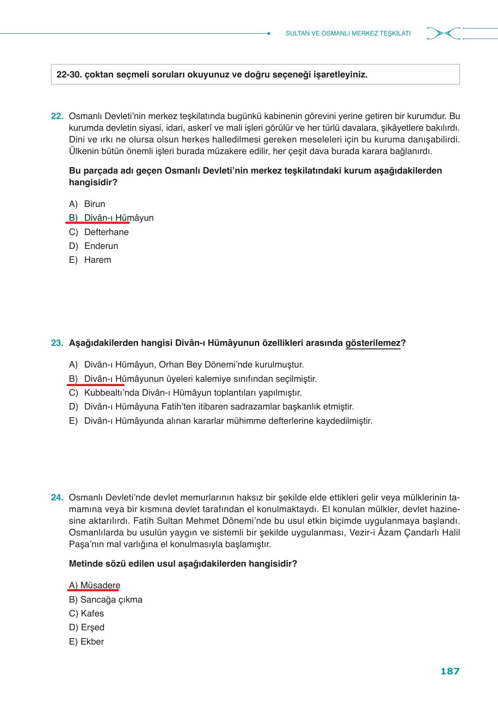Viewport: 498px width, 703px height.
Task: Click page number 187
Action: (450, 671)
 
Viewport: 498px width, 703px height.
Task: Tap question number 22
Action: (57, 116)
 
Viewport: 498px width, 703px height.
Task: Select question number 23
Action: (57, 343)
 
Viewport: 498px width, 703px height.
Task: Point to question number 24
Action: (57, 497)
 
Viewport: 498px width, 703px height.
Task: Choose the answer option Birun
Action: (94, 204)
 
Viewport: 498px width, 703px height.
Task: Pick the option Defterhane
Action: (106, 232)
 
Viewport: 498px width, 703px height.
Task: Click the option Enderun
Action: (101, 246)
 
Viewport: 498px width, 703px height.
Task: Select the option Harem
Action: (97, 260)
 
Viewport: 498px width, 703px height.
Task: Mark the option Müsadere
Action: (100, 585)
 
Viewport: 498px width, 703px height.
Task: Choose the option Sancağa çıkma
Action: (111, 600)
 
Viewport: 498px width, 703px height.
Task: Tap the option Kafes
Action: (92, 613)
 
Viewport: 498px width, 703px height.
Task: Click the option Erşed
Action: (92, 627)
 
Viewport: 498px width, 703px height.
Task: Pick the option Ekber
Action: (92, 642)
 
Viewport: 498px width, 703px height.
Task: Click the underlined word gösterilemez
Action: (373, 343)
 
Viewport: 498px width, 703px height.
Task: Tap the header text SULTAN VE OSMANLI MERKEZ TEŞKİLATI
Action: (348, 33)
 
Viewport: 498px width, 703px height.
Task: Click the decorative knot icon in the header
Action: (443, 33)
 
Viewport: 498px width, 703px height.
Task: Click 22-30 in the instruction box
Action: (69, 74)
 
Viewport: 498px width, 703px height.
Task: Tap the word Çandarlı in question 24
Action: (421, 532)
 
